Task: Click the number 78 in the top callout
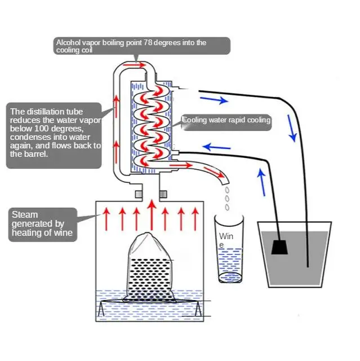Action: coord(148,42)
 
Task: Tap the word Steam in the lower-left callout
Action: coord(25,214)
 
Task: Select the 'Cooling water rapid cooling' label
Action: coord(226,120)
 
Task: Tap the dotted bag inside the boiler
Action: coord(149,268)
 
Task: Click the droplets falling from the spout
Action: coord(226,199)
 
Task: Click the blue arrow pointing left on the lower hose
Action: coord(214,147)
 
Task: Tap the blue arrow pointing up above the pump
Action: coord(261,182)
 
